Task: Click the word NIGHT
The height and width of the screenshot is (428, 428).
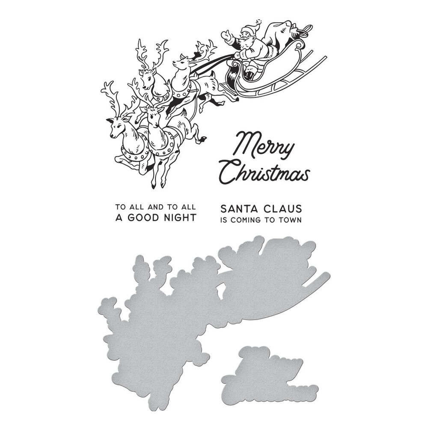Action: click(x=176, y=217)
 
